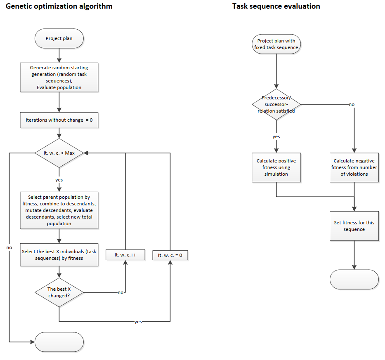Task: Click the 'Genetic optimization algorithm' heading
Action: pyautogui.click(x=59, y=7)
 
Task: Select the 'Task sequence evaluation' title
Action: pyautogui.click(x=276, y=7)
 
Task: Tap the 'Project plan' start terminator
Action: pyautogui.click(x=59, y=39)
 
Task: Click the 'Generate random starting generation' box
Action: pyautogui.click(x=59, y=77)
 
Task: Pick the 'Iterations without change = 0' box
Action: pyautogui.click(x=59, y=120)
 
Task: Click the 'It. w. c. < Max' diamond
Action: pyautogui.click(x=59, y=153)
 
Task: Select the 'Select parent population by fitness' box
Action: pyautogui.click(x=59, y=210)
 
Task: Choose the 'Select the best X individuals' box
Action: pyautogui.click(x=59, y=255)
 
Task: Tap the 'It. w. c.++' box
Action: pyautogui.click(x=125, y=255)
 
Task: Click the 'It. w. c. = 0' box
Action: pyautogui.click(x=170, y=255)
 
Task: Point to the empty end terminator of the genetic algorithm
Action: pyautogui.click(x=59, y=342)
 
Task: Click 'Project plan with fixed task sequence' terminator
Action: pyautogui.click(x=276, y=44)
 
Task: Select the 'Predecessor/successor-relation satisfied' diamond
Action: pyautogui.click(x=276, y=104)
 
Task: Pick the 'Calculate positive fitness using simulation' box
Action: pyautogui.click(x=276, y=167)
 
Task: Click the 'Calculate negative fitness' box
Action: pyautogui.click(x=354, y=167)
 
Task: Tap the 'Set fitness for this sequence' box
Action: pyautogui.click(x=354, y=226)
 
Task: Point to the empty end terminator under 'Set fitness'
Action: pyautogui.click(x=354, y=279)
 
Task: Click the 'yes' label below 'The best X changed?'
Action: pyautogui.click(x=138, y=322)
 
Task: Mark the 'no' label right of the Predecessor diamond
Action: pyautogui.click(x=352, y=104)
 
